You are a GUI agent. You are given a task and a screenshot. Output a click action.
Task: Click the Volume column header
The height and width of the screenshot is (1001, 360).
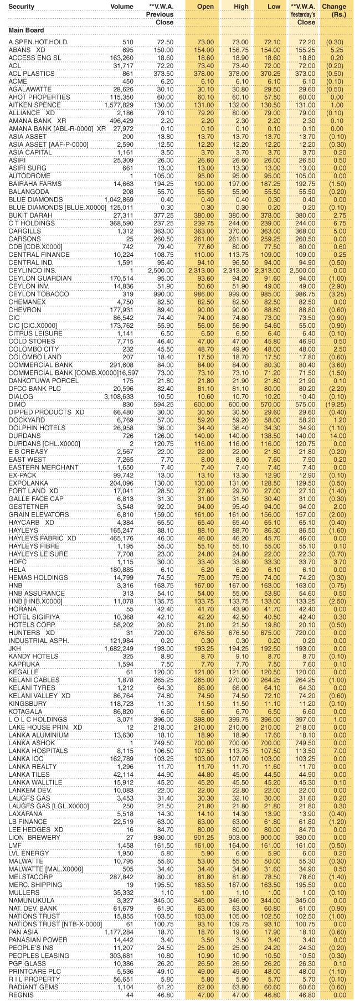tap(122, 7)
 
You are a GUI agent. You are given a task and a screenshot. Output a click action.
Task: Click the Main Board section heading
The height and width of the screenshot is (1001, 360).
tap(26, 30)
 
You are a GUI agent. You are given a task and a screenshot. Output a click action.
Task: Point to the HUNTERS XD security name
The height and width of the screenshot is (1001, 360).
tap(32, 632)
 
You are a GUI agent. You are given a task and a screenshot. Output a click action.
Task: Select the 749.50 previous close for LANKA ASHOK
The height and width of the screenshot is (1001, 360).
tap(164, 742)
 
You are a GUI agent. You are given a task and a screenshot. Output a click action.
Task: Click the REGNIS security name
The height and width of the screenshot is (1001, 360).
tap(21, 994)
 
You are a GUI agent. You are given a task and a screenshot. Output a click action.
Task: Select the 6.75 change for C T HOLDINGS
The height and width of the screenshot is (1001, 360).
tap(336, 223)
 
